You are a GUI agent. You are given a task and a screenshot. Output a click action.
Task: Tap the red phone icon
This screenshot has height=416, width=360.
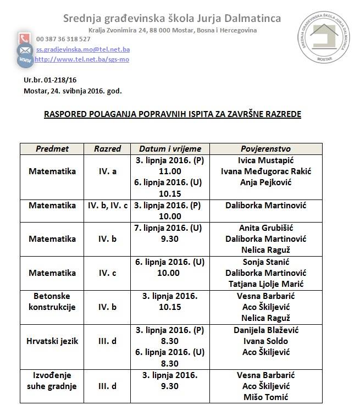point(24,39)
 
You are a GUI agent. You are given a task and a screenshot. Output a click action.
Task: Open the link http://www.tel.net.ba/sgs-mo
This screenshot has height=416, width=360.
point(82,59)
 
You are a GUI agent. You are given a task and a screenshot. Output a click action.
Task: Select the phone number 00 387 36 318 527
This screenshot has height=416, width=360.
point(63,39)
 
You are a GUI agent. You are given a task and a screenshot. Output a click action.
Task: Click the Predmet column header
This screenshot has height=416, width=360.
point(52,149)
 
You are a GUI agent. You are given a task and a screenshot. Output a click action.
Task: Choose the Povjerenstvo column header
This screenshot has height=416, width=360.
point(266,149)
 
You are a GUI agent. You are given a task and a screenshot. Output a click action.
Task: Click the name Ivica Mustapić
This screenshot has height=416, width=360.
point(266,161)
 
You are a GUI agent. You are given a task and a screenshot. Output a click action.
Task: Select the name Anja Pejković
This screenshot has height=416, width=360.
point(266,182)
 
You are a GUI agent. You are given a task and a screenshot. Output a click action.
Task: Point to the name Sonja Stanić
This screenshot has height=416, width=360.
point(266,262)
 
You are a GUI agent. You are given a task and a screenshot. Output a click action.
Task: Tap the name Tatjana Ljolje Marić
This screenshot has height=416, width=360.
point(266,284)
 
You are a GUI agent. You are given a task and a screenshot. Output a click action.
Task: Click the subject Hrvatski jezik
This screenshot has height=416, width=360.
point(52,341)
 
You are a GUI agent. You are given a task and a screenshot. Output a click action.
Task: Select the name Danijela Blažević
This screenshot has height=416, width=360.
point(266,330)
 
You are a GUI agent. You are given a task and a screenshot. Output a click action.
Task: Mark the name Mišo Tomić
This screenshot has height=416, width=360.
point(266,397)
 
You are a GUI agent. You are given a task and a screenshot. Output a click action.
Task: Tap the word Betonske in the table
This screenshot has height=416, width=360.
point(52,296)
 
